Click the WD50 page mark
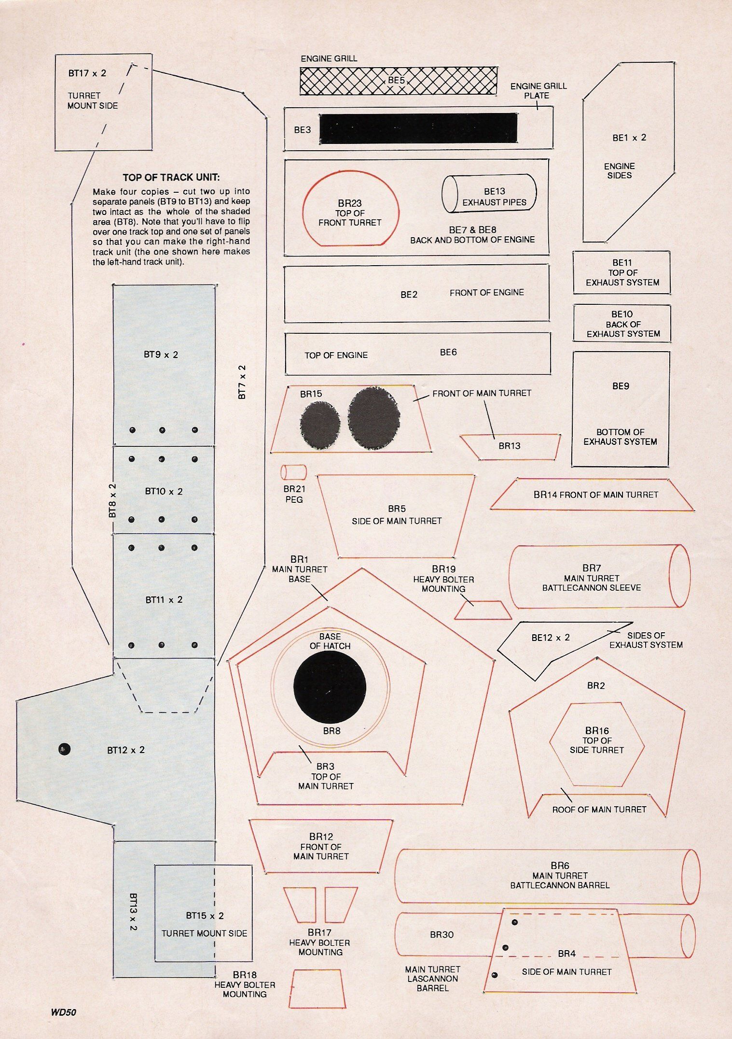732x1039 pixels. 63,1012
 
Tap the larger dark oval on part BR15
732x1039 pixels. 374,419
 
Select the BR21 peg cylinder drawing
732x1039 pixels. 294,472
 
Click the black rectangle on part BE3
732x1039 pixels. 418,128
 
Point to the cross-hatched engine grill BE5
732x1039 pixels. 399,81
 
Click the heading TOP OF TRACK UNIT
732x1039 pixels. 171,177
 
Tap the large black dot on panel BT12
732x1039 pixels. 64,749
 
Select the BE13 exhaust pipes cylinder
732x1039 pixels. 489,193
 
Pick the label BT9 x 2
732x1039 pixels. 161,355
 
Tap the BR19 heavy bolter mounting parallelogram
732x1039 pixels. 483,610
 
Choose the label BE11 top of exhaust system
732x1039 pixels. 622,272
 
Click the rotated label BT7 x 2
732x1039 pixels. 242,382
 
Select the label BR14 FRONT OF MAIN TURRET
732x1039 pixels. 596,495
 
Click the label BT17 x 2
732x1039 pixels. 87,73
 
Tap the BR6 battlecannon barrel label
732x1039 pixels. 560,875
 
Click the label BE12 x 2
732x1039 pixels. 551,638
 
